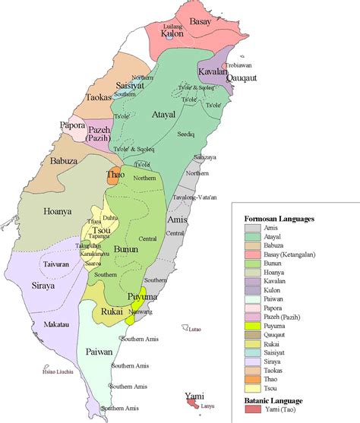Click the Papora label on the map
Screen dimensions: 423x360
71,125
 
